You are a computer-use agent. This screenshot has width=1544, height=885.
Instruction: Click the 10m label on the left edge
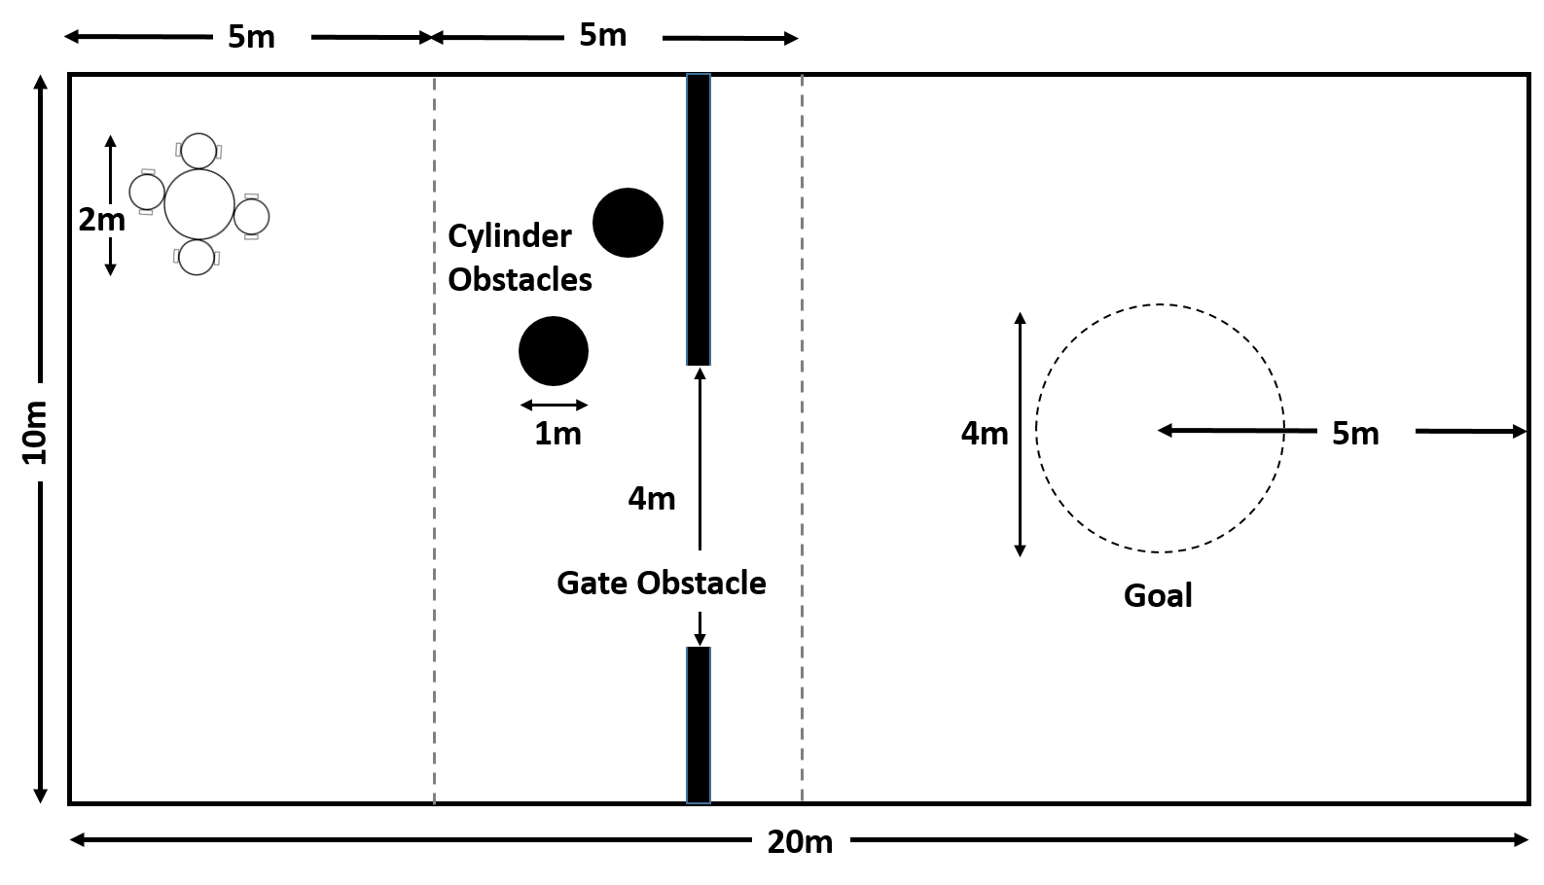[34, 432]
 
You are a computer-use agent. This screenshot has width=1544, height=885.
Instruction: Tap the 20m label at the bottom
[800, 841]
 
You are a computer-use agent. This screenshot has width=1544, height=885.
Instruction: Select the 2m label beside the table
[101, 220]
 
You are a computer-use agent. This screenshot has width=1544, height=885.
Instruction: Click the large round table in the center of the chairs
[199, 204]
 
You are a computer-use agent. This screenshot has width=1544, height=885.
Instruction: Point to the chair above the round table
[199, 151]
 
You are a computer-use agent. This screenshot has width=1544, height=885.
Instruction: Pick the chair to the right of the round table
[252, 216]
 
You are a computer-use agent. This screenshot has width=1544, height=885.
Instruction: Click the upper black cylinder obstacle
[628, 223]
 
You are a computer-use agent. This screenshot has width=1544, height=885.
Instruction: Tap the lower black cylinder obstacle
[554, 351]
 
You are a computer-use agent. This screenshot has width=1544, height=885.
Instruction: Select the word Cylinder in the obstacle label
[510, 236]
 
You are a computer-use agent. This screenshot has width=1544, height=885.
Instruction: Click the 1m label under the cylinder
[557, 433]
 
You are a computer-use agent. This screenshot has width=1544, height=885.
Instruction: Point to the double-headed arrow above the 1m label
[555, 405]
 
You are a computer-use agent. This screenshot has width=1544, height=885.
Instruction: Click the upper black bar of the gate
[699, 220]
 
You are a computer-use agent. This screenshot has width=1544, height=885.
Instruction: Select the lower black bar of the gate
[699, 725]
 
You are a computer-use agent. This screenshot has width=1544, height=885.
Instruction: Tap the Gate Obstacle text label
[662, 583]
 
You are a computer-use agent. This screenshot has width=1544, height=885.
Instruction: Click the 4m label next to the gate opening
[651, 498]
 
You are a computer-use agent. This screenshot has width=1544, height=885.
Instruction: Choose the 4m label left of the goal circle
[985, 433]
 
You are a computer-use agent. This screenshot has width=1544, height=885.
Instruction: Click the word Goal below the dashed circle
[1158, 595]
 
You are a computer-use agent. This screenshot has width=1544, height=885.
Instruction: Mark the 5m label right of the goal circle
[1355, 433]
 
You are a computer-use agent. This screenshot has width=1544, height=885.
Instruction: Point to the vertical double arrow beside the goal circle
[1020, 435]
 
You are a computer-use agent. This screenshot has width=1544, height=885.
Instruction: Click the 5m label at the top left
[251, 36]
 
